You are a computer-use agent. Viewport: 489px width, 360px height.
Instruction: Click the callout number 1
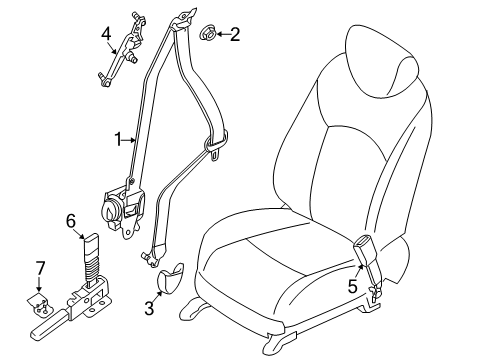click(118, 139)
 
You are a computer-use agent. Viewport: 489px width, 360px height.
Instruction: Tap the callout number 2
click(235, 34)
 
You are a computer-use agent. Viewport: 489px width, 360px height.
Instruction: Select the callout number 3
click(149, 308)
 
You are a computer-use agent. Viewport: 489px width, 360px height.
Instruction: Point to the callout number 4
click(106, 33)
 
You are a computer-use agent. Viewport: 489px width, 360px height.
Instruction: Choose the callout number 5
click(352, 286)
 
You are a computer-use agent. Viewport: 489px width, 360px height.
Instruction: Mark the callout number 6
click(71, 221)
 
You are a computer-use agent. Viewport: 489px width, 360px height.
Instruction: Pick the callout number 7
click(40, 268)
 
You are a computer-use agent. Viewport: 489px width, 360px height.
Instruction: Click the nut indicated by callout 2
click(207, 33)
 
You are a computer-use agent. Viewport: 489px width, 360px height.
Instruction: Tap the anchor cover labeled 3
click(168, 277)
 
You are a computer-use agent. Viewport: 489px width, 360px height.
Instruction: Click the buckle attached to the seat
click(366, 259)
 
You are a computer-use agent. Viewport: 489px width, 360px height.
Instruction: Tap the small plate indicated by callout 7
click(40, 304)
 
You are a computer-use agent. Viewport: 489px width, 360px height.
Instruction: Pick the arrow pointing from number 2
click(223, 34)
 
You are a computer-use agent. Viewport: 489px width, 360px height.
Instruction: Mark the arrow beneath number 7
click(39, 284)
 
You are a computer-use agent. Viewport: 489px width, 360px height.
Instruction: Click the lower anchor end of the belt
click(152, 257)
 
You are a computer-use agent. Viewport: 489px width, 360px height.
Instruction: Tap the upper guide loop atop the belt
click(183, 19)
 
